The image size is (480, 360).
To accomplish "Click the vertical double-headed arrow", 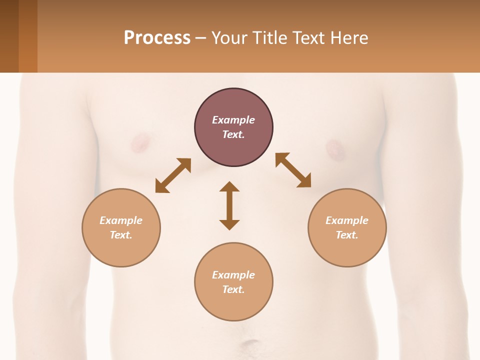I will click(x=229, y=205).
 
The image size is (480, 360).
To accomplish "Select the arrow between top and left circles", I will click(x=173, y=175).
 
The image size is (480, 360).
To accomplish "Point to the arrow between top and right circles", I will click(x=293, y=170).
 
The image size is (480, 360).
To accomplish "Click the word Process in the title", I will click(x=157, y=37).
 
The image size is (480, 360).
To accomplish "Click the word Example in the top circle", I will click(x=233, y=120).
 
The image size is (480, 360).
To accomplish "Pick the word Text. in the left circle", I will click(x=121, y=235).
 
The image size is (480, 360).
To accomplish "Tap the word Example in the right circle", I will click(x=347, y=220).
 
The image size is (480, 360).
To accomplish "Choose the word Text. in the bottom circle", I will click(x=233, y=289).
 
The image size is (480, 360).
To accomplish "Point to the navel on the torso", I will click(x=248, y=345).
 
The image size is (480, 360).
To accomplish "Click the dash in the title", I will click(x=200, y=38).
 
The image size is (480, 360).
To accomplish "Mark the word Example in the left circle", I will click(x=121, y=220).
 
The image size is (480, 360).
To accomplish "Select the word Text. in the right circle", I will click(x=347, y=235).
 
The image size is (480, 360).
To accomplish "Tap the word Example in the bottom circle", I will click(x=233, y=275).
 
